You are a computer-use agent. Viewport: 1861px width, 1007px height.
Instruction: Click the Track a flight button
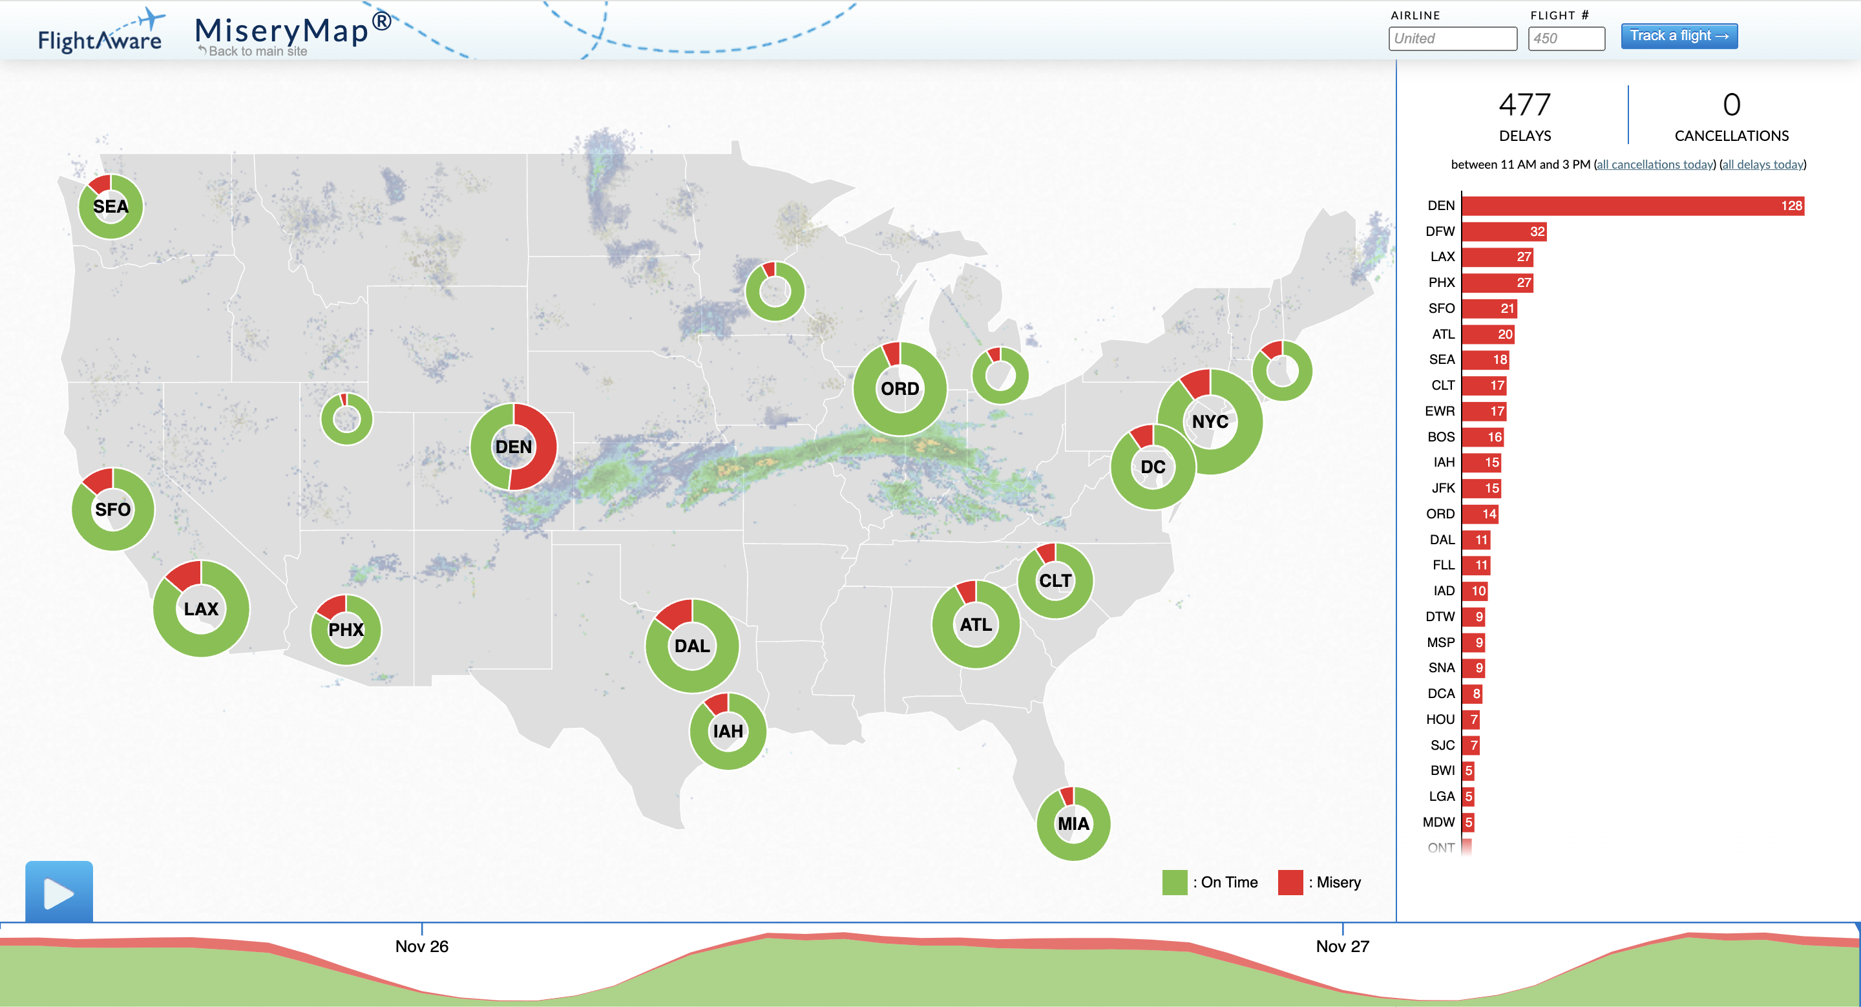pos(1678,36)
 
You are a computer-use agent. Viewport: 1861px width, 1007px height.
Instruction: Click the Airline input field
pos(1451,39)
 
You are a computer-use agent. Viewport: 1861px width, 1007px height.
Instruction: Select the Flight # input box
pos(1566,39)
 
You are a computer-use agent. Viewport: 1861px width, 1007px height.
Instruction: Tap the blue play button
pos(59,892)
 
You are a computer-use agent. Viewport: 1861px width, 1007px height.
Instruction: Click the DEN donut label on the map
pos(513,447)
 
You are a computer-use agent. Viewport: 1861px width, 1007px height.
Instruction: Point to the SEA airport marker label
pos(110,207)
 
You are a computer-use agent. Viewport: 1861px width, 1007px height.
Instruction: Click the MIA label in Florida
pos(1073,824)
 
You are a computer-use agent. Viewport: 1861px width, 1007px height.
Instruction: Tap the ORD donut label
pos(899,388)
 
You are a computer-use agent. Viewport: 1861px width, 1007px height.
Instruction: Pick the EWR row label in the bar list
pos(1439,411)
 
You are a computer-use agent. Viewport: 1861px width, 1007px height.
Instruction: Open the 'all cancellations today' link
pos(1654,165)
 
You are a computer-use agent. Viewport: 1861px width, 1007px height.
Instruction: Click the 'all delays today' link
pos(1762,165)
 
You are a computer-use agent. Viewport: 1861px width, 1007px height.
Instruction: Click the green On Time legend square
pos(1174,882)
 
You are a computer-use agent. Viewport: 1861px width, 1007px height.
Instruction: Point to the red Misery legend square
pos(1290,882)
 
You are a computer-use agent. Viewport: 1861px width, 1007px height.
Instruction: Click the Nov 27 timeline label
pos(1341,946)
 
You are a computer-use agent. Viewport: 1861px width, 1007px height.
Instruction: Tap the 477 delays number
pos(1524,105)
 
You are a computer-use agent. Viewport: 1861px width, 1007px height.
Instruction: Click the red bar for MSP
pos(1473,643)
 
